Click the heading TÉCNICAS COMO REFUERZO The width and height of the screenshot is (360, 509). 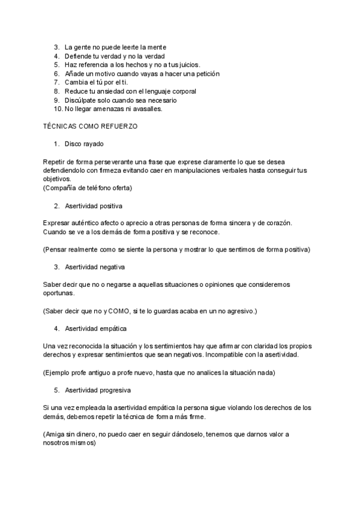[x=90, y=127]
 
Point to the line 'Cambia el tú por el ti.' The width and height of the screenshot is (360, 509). [x=96, y=82]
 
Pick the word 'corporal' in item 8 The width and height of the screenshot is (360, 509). [x=184, y=91]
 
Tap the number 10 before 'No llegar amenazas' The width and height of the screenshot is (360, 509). [x=58, y=109]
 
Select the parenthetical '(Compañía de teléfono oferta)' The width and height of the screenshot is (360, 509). [x=88, y=188]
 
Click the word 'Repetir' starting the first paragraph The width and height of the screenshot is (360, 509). [x=55, y=162]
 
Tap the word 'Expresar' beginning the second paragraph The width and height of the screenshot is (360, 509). [x=58, y=223]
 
